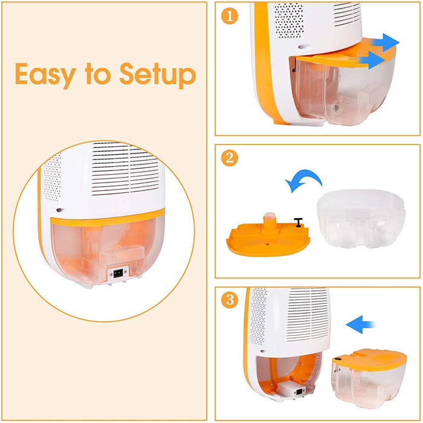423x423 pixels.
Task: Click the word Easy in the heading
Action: coord(45,75)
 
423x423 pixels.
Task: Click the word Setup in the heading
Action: coord(158,75)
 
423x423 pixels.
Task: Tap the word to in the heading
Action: coord(98,74)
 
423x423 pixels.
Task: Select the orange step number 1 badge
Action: coord(229,16)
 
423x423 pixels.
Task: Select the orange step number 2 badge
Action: coord(229,158)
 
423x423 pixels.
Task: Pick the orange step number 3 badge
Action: coord(229,300)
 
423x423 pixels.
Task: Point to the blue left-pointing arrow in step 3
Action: coord(360,325)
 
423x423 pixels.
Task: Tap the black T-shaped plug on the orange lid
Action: coord(298,222)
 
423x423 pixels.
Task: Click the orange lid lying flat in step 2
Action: coord(268,239)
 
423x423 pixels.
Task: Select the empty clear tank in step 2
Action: coord(361,219)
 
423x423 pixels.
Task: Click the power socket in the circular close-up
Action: coord(118,274)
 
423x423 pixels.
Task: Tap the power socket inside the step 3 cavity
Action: coord(300,392)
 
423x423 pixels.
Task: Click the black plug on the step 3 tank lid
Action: coord(337,359)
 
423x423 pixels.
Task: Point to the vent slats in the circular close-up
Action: coord(125,169)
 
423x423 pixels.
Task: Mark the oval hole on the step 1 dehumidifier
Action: coord(304,47)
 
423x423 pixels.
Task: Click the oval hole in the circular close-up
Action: coord(60,210)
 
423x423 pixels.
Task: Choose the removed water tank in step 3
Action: coord(369,378)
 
